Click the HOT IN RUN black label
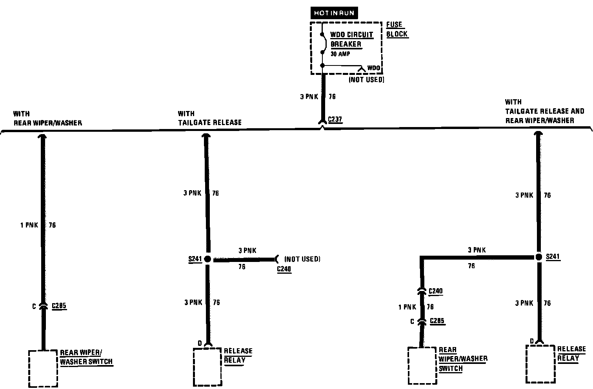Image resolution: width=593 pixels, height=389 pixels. tap(334, 13)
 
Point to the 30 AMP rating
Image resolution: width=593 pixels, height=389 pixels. tap(340, 54)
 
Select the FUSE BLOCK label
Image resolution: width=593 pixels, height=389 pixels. tap(397, 29)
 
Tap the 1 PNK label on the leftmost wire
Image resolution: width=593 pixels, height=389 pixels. tap(29, 225)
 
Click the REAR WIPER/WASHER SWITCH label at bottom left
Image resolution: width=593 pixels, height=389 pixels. tap(86, 357)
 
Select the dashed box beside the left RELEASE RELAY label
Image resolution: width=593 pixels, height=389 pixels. tap(207, 367)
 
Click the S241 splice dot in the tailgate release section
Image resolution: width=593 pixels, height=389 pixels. tap(207, 259)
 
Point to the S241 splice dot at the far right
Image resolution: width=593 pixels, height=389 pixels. tap(539, 257)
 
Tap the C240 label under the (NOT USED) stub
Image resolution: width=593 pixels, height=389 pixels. tap(284, 269)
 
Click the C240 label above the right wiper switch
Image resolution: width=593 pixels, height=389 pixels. tap(435, 291)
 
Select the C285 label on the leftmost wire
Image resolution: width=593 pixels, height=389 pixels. tap(59, 306)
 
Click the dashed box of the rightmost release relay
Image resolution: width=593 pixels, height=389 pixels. tap(540, 364)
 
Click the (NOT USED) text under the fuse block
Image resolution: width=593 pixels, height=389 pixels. tap(366, 80)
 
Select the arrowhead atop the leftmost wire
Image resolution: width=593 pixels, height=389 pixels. tap(43, 136)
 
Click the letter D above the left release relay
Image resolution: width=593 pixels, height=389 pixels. tap(200, 344)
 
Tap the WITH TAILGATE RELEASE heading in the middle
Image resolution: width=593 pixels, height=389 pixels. tap(209, 118)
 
